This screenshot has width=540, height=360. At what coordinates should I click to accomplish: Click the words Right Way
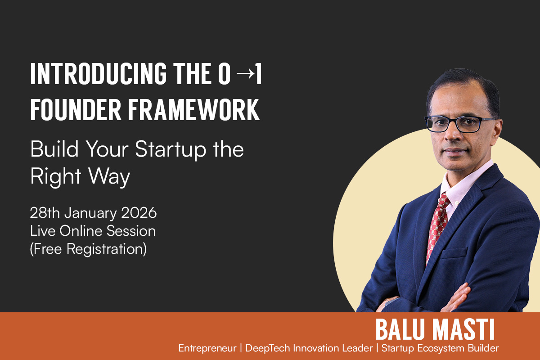click(x=80, y=177)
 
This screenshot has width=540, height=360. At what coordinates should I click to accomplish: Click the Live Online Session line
click(x=93, y=231)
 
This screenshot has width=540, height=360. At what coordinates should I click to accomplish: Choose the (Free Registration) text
click(x=88, y=249)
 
